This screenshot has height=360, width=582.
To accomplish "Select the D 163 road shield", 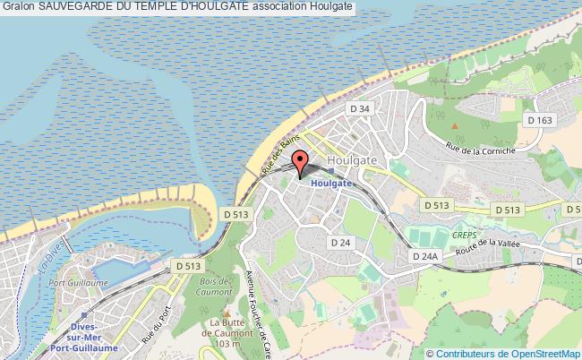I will pos(539,120).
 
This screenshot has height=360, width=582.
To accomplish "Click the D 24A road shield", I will pos(426,256).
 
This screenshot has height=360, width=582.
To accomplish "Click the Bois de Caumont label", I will pos(211,286).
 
